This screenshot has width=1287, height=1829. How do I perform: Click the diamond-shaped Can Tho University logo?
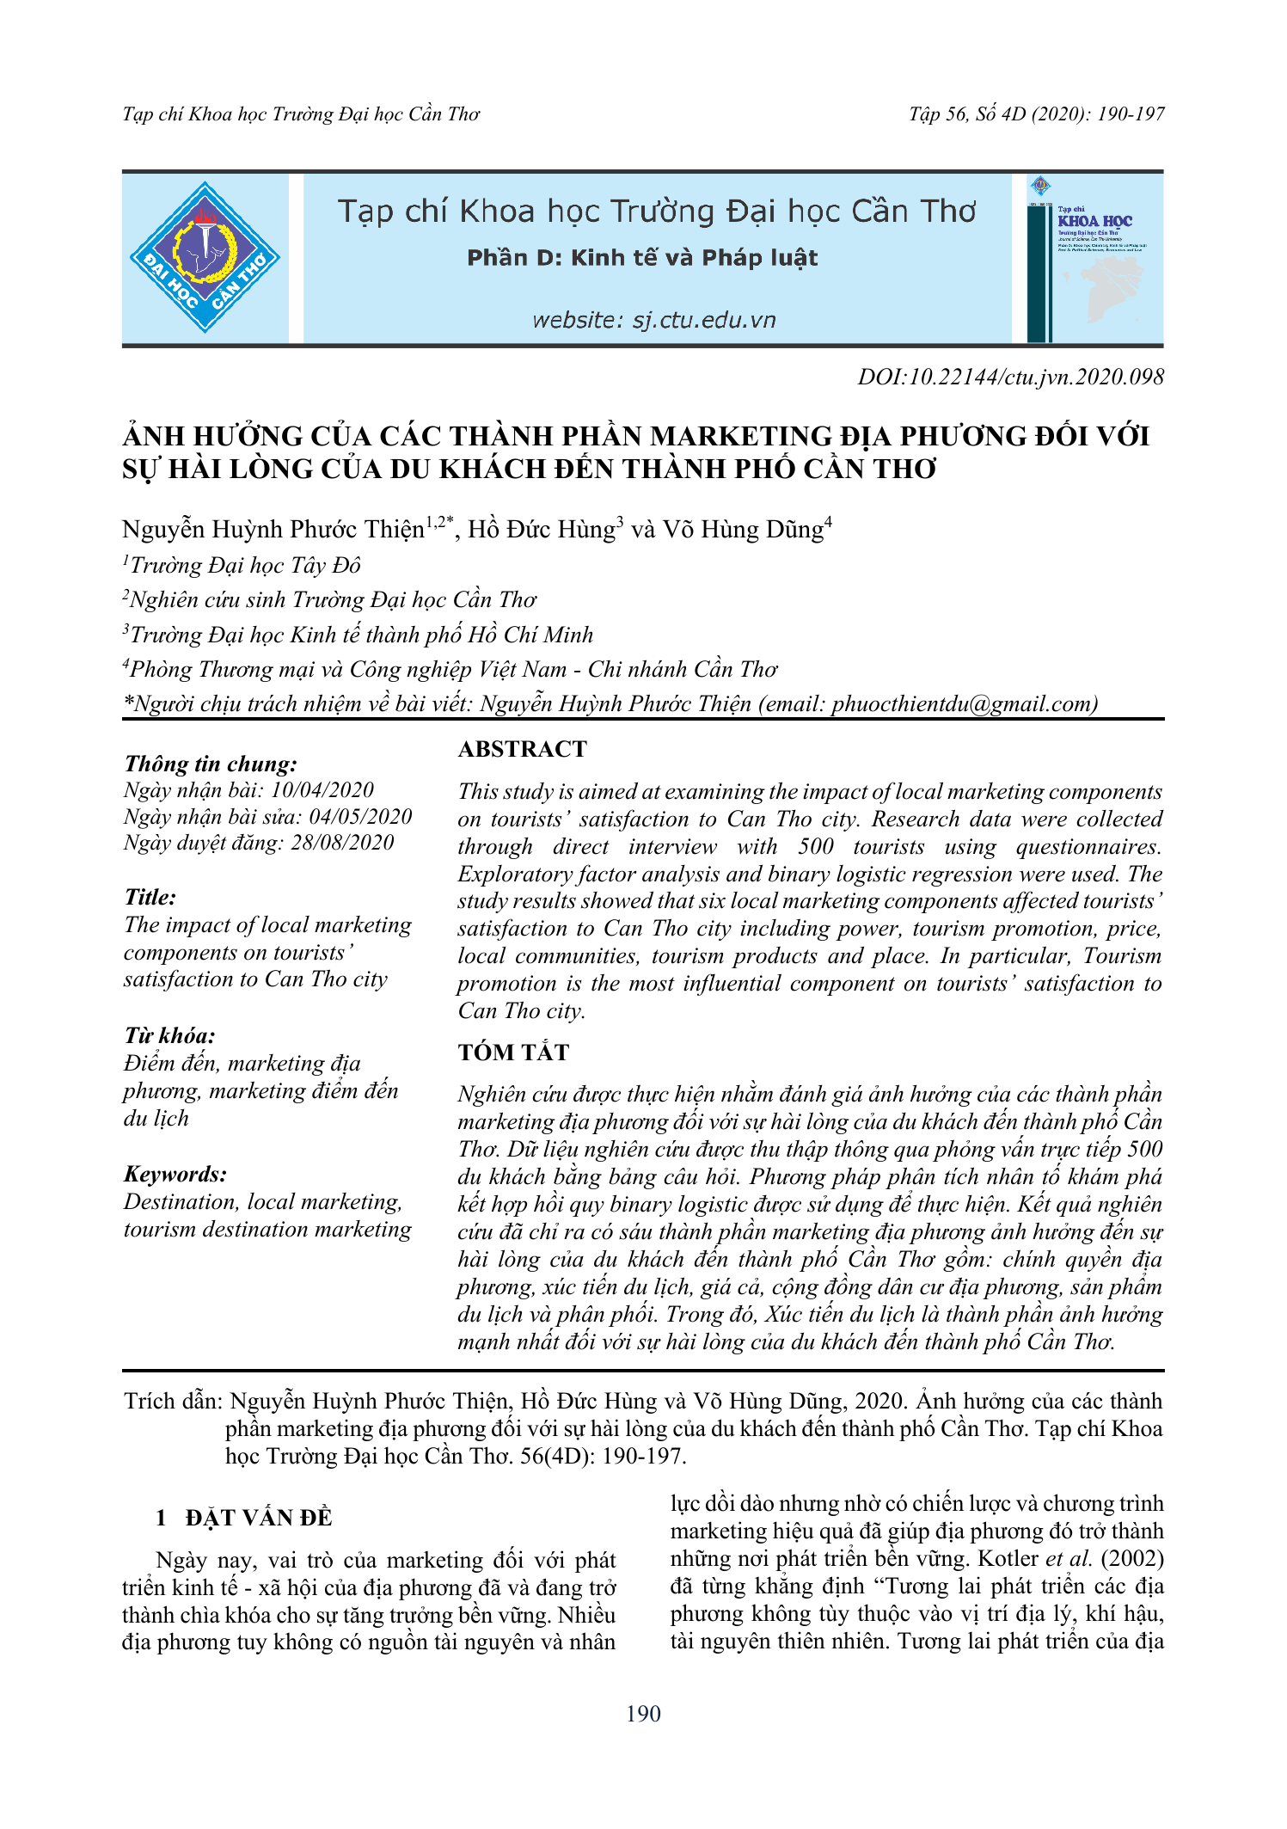point(205,257)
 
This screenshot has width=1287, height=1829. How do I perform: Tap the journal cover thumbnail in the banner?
point(1094,259)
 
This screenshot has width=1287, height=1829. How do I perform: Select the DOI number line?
point(1010,377)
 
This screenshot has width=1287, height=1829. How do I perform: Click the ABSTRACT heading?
point(522,749)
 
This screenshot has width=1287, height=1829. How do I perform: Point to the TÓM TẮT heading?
point(513,1053)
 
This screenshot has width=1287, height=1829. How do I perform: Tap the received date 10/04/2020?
point(322,790)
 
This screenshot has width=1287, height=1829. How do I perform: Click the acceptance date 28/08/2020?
point(341,843)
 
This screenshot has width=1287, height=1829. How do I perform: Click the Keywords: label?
point(175,1175)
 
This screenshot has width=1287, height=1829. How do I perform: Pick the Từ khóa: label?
point(169,1035)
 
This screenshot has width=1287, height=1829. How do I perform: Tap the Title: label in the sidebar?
point(150,898)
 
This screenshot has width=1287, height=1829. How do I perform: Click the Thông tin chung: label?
point(211,764)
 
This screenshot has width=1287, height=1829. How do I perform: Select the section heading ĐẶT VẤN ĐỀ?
point(258,1518)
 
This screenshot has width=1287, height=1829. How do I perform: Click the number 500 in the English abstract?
point(815,846)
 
